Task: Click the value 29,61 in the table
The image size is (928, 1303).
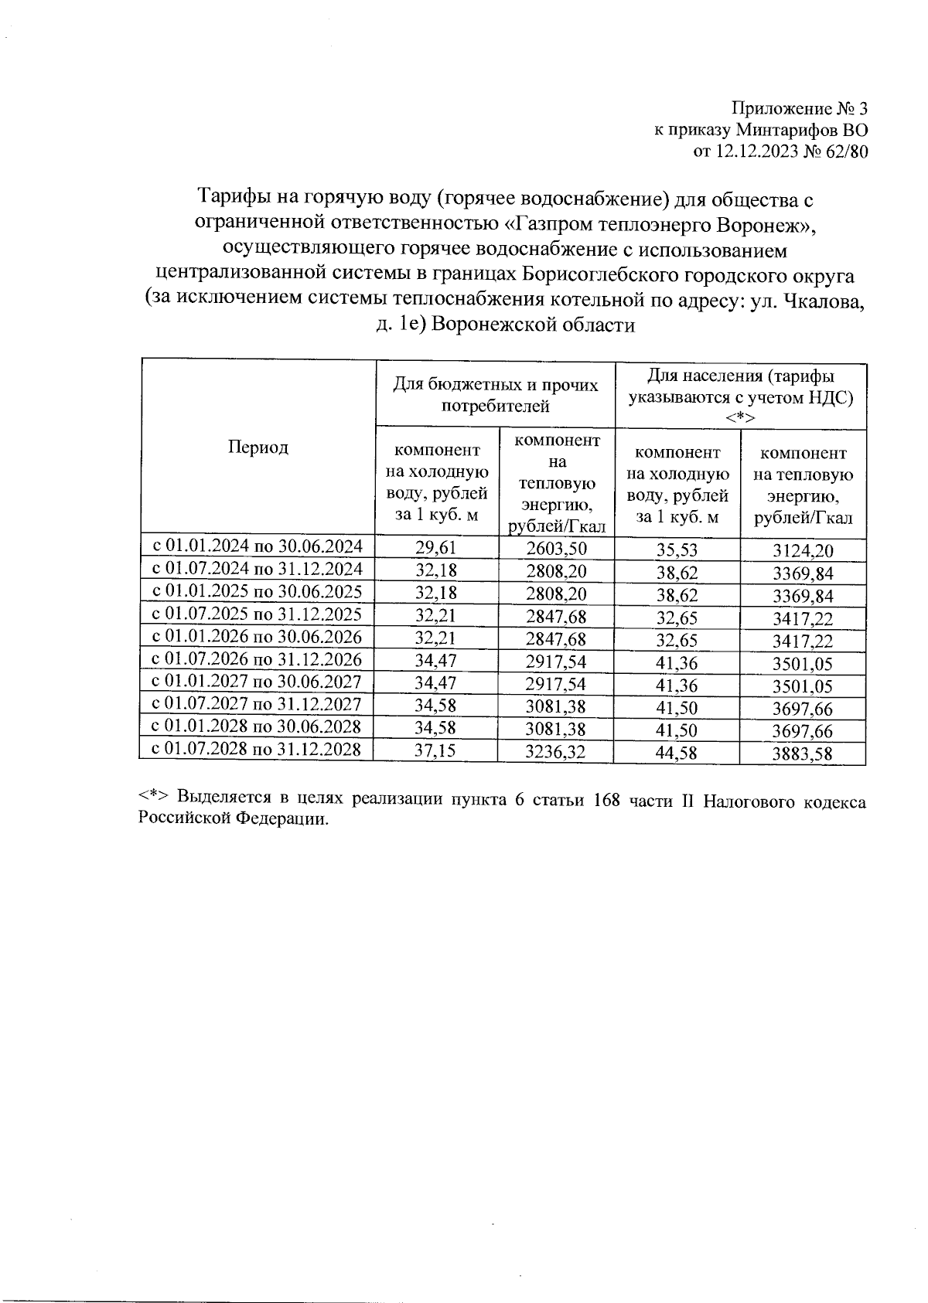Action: click(x=436, y=549)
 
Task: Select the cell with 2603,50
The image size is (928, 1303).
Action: click(x=556, y=549)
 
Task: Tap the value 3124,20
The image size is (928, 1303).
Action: click(x=803, y=551)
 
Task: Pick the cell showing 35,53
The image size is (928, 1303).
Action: click(x=677, y=550)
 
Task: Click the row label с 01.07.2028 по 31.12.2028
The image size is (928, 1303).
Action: click(x=256, y=748)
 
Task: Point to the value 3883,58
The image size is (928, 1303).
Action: click(x=803, y=753)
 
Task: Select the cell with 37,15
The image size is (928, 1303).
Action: click(x=436, y=750)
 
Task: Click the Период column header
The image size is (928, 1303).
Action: click(x=258, y=447)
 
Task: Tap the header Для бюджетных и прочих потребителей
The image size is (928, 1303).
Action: click(x=495, y=394)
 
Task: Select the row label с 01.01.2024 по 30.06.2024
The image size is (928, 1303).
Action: click(x=256, y=546)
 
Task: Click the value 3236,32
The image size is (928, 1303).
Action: click(x=556, y=751)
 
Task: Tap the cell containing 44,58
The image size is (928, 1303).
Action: click(x=677, y=752)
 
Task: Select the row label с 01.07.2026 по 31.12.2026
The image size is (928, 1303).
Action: click(x=256, y=658)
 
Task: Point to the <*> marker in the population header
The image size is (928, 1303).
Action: click(x=740, y=417)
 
